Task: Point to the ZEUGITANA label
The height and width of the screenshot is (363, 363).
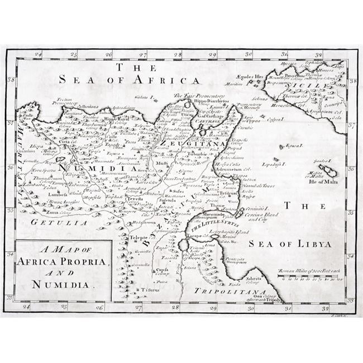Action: coord(190,143)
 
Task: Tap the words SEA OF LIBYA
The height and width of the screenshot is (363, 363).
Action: coord(290,243)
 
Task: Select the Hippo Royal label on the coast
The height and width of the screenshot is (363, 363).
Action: coord(117,119)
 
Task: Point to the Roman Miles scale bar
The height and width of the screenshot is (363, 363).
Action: coord(312,276)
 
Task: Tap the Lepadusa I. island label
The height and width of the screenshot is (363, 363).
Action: coord(272,165)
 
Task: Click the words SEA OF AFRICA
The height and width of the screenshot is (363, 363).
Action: coord(130,80)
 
